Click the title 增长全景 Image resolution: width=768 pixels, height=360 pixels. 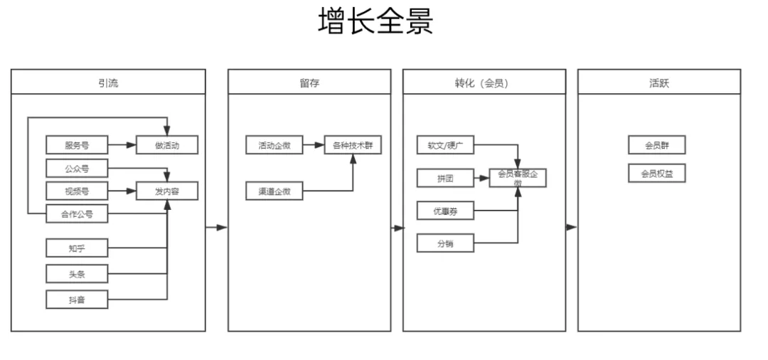[x=375, y=21]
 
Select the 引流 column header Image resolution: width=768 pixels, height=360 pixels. [x=108, y=83]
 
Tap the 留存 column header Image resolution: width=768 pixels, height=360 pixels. [x=309, y=83]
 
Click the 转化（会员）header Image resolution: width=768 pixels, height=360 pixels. [x=484, y=83]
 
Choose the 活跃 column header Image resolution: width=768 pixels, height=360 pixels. [x=658, y=83]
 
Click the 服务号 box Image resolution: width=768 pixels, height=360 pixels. [x=77, y=146]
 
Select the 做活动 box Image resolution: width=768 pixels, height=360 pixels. [x=166, y=146]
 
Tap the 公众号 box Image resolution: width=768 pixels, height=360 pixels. [x=77, y=169]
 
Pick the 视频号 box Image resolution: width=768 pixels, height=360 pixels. [x=77, y=191]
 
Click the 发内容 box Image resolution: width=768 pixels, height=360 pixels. [x=166, y=191]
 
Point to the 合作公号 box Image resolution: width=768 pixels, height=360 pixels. [x=77, y=213]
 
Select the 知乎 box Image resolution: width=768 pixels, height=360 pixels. [x=77, y=248]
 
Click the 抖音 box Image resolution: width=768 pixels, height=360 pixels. [x=77, y=300]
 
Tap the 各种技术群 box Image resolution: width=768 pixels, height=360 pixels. [x=353, y=146]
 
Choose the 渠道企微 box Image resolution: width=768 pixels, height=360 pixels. [x=274, y=191]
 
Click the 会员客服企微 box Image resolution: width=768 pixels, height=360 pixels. [x=518, y=178]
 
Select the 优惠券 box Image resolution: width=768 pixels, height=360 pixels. [x=445, y=211]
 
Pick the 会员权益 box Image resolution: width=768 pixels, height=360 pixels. [x=656, y=174]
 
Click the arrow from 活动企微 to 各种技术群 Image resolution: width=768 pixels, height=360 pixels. [x=314, y=146]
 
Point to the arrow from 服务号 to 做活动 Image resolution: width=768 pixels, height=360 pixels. [x=122, y=146]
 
